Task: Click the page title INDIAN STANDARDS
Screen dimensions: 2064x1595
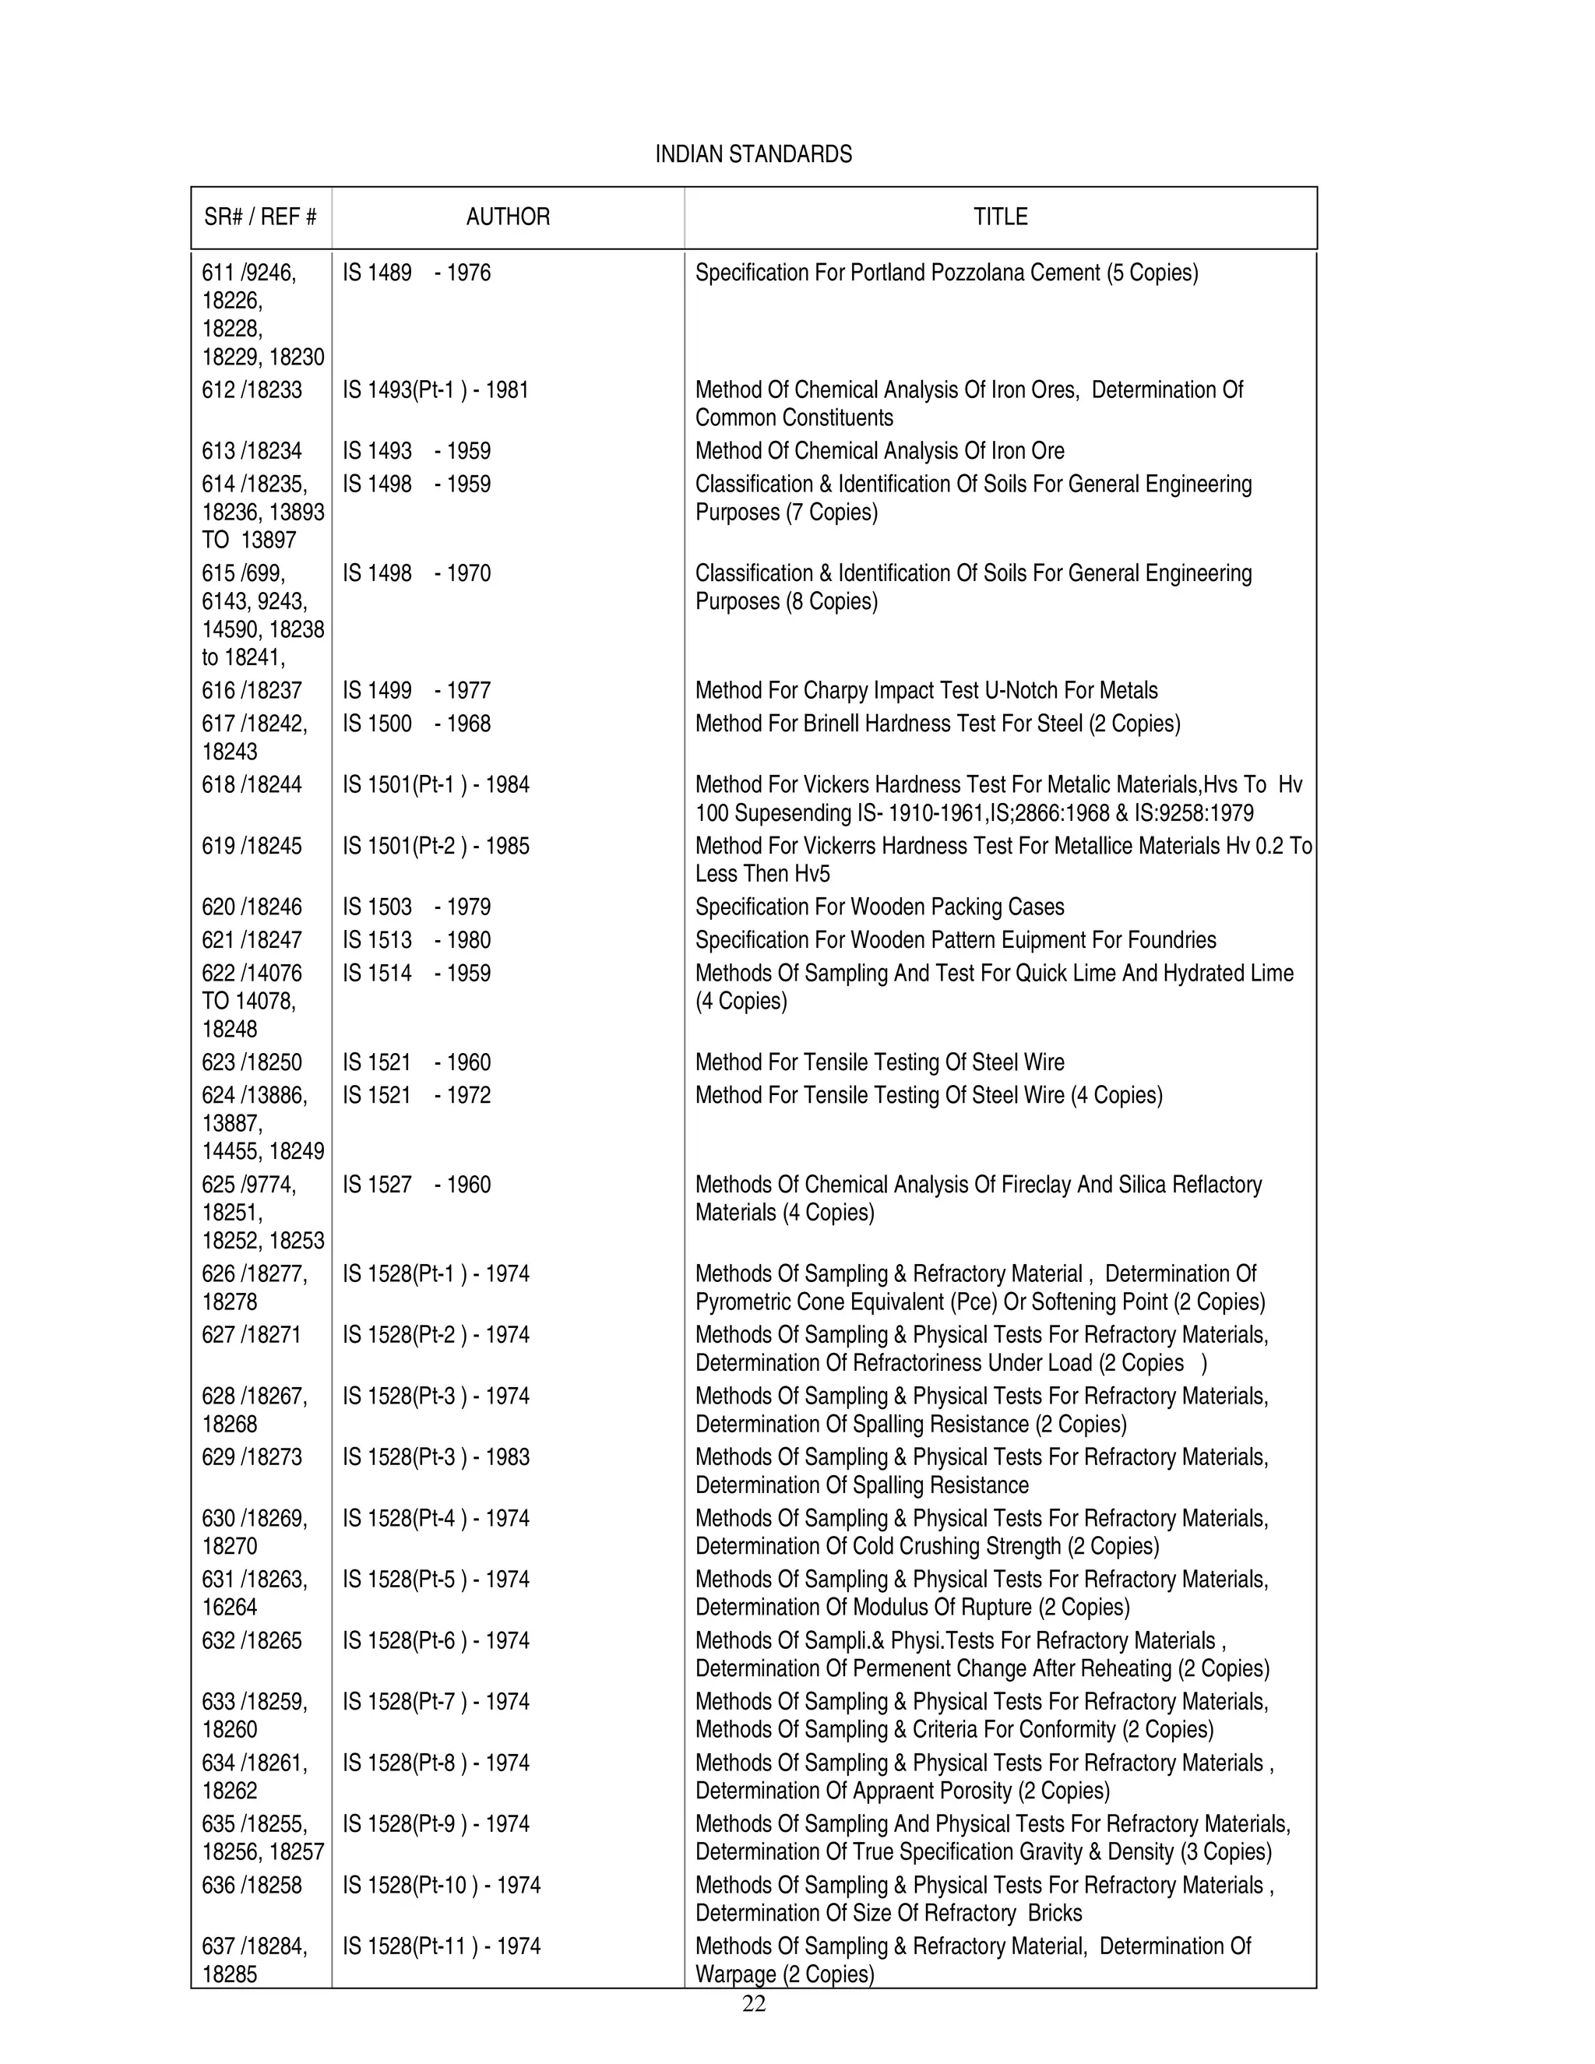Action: click(753, 154)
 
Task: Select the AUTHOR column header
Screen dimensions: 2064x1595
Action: click(508, 217)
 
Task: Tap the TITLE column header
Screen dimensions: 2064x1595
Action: click(1000, 217)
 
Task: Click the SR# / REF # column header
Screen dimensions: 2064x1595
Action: click(260, 217)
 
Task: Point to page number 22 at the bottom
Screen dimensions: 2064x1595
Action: click(753, 2003)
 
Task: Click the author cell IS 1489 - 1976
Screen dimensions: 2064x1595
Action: click(417, 273)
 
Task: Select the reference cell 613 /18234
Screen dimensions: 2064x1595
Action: click(252, 451)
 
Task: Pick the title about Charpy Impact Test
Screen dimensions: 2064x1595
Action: click(926, 691)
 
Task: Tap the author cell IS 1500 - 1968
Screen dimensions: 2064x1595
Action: click(417, 724)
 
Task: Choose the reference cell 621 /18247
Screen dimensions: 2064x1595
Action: click(252, 940)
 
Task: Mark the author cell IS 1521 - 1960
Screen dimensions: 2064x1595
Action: click(417, 1062)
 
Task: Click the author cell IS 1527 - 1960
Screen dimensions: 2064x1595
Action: click(417, 1185)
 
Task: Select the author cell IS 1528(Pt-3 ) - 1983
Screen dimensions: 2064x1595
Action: click(435, 1457)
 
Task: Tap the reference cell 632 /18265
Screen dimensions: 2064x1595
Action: click(252, 1640)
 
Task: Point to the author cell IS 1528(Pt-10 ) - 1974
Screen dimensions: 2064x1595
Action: click(442, 1886)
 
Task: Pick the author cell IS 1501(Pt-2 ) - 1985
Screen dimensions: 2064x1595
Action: click(435, 846)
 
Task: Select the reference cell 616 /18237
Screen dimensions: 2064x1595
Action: click(252, 691)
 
